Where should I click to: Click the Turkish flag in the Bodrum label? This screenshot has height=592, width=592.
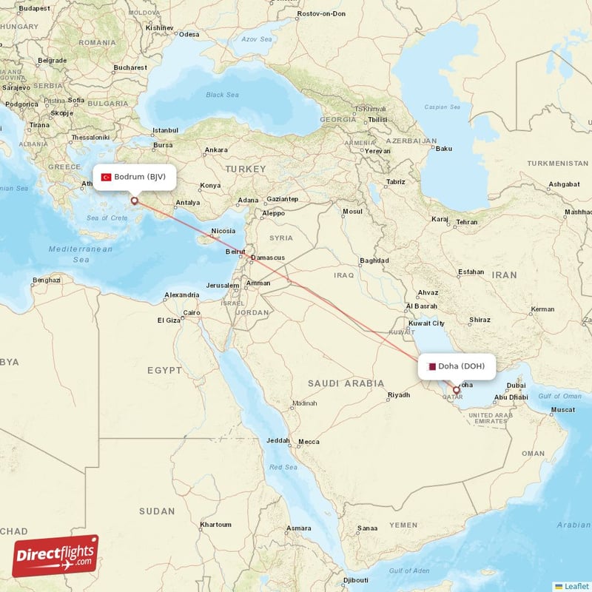click(x=107, y=178)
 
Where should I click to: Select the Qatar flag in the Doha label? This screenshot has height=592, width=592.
click(x=431, y=366)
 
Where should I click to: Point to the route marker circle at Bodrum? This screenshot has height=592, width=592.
click(x=135, y=200)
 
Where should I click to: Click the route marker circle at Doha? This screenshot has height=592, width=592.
click(x=456, y=390)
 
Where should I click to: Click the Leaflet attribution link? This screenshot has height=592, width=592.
click(x=576, y=586)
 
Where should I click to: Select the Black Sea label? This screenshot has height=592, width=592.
click(x=223, y=95)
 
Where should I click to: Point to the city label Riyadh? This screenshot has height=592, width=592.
click(x=398, y=395)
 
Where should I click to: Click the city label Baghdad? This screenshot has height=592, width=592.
click(x=374, y=260)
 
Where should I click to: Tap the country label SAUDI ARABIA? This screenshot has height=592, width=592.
click(x=346, y=383)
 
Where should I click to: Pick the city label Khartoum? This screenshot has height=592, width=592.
click(x=215, y=525)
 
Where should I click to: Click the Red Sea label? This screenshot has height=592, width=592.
click(x=282, y=467)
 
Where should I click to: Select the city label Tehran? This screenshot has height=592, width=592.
click(x=467, y=221)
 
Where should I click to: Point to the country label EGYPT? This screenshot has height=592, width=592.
click(x=164, y=370)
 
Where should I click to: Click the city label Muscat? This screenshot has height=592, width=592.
click(x=563, y=409)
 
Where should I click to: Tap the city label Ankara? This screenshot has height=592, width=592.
click(x=216, y=149)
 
